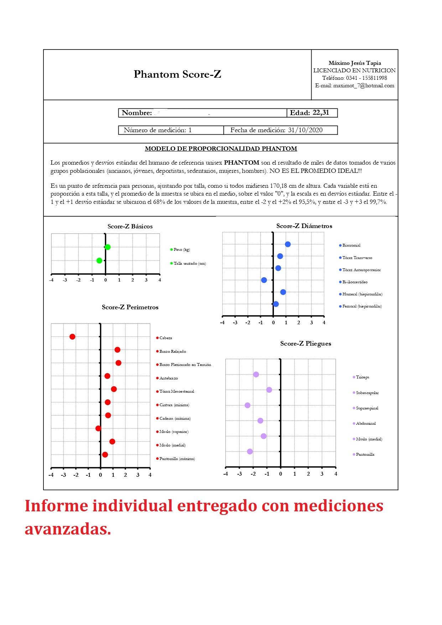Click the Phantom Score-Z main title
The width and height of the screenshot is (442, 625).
[x=177, y=74]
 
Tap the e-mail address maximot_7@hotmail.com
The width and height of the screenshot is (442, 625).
[x=364, y=86]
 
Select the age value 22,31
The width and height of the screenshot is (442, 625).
[x=321, y=113]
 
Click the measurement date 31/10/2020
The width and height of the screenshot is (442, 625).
[x=305, y=130]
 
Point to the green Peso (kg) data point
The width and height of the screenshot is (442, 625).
[x=108, y=247]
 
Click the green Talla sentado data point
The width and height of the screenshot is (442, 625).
[x=99, y=260]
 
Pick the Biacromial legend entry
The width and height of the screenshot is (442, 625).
[x=351, y=245]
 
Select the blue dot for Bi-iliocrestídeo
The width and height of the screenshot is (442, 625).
[x=264, y=280]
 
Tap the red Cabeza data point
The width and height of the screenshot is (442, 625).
[x=72, y=337]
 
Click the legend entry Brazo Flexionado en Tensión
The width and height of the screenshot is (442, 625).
[x=185, y=365]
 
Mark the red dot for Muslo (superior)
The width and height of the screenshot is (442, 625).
[x=98, y=428]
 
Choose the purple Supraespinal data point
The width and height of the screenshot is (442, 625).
[x=248, y=405]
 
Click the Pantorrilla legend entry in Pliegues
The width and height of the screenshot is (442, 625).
[x=365, y=454]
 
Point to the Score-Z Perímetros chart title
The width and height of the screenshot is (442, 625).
[x=130, y=307]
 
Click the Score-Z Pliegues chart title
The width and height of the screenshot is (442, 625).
[x=306, y=344]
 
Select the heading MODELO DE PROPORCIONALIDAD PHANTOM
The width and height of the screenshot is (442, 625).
[x=221, y=149]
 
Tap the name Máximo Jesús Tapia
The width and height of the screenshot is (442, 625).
[x=355, y=63]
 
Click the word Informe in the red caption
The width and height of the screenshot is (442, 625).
[x=56, y=506]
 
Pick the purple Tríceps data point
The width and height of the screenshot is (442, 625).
[x=256, y=375]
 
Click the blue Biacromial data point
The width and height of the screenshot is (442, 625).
[x=288, y=244]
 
